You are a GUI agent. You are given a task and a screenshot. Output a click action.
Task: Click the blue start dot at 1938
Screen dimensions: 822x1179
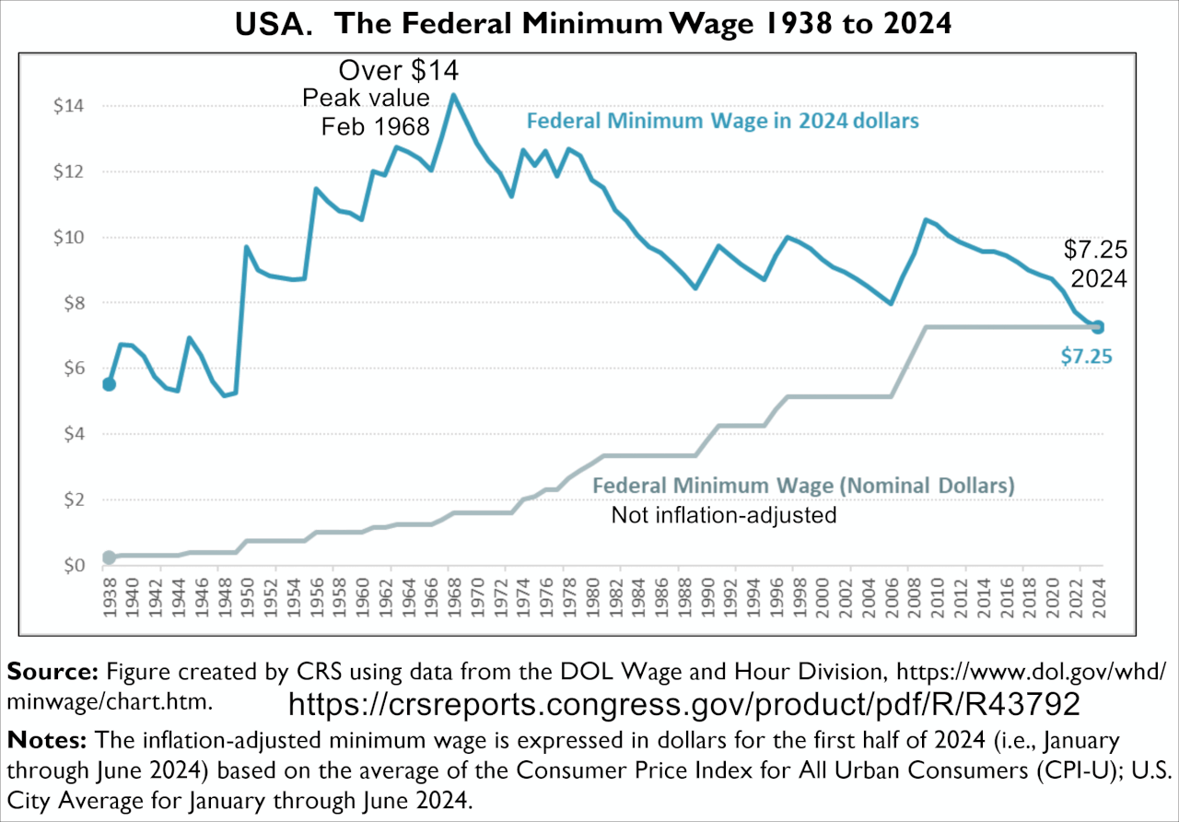point(109,383)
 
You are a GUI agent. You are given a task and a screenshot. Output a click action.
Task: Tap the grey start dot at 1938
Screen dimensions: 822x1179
point(109,558)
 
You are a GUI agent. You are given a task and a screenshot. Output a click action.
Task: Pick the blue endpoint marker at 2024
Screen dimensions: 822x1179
point(1097,327)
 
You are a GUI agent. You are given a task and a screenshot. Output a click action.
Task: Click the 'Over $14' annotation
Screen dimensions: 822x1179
point(398,71)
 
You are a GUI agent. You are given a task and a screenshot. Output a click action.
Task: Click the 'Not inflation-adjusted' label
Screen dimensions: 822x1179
point(724,515)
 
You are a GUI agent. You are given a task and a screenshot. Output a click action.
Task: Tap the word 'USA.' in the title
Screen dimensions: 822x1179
point(275,26)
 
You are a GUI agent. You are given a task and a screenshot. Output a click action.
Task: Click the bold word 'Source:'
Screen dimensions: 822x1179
point(54,671)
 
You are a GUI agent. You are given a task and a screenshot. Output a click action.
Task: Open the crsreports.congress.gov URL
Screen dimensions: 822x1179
point(683,705)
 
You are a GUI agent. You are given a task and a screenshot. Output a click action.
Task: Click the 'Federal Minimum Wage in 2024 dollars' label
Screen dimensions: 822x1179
point(722,121)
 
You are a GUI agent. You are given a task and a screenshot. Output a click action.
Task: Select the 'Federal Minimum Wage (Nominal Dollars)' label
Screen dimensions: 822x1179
point(803,486)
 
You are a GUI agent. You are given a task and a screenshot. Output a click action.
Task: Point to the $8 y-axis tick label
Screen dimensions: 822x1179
point(73,303)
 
